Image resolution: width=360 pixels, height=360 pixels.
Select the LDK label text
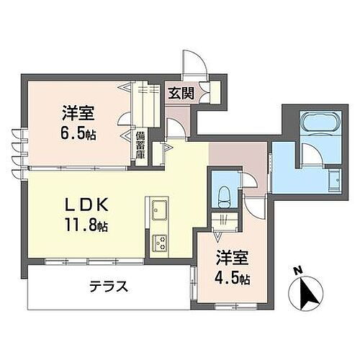[86, 204]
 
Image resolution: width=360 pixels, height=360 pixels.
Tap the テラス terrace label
[109, 287]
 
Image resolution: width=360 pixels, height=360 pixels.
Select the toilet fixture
[223, 191]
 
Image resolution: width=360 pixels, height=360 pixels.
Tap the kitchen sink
[158, 211]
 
